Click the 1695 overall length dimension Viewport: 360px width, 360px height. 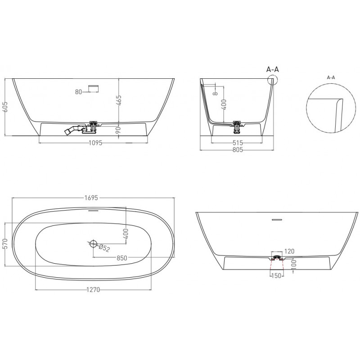coord(91,198)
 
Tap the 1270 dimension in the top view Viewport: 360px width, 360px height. coord(93,290)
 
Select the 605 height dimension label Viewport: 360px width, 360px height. coord(5,107)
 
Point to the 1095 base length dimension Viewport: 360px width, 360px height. coord(95,143)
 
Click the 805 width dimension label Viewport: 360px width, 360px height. coord(238,150)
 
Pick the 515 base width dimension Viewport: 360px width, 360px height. coord(238,143)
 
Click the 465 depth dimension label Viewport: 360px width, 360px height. coord(119,100)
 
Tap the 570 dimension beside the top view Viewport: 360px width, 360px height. coord(5,243)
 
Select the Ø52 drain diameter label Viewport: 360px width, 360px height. coord(104,248)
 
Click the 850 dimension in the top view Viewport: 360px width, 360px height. coord(121,258)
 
